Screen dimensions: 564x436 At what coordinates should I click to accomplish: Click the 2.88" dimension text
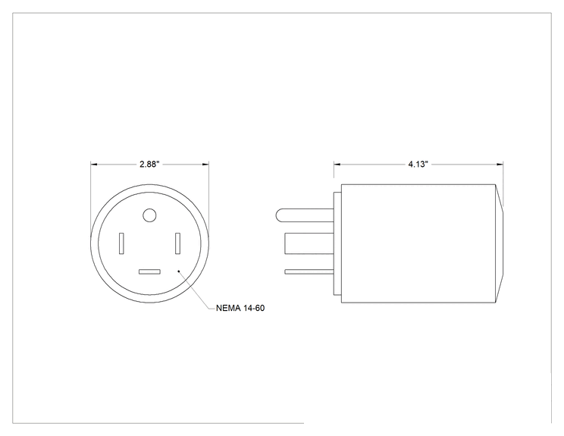[x=149, y=165]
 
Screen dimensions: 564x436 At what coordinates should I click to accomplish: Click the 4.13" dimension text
[x=418, y=165]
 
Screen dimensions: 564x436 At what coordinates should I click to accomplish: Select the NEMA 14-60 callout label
[x=240, y=309]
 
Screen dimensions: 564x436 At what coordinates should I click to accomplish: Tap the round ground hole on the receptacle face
[x=149, y=215]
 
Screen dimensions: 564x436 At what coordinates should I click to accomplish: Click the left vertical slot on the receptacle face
[x=121, y=243]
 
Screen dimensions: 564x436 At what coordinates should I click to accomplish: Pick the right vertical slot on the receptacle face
[x=177, y=243]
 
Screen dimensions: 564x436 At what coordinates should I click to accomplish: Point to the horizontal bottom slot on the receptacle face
[x=149, y=272]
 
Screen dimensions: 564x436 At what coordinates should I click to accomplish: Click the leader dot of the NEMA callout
[x=179, y=271]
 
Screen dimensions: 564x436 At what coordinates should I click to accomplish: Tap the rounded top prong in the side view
[x=305, y=215]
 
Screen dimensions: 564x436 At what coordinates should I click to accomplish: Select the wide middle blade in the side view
[x=309, y=243]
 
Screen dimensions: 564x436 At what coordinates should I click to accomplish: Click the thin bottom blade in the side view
[x=309, y=272]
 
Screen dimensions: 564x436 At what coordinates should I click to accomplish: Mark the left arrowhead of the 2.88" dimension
[x=94, y=165]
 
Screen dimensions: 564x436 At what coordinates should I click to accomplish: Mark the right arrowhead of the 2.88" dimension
[x=205, y=165]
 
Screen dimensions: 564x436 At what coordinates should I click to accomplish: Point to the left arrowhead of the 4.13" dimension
[x=337, y=165]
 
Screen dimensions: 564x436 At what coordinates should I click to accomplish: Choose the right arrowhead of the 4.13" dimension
[x=500, y=165]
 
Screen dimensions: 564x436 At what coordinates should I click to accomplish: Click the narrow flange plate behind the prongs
[x=337, y=243]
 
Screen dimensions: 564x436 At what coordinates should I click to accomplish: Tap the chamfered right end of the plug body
[x=500, y=243]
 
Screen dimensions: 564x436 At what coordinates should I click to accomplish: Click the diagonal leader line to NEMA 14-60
[x=194, y=290]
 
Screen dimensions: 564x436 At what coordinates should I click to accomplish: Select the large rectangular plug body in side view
[x=418, y=243]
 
